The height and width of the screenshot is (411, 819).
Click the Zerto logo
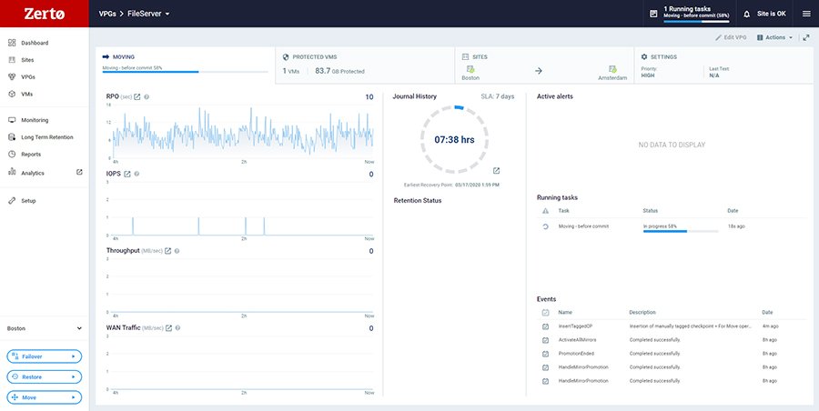point(44,14)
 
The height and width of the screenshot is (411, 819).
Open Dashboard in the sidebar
point(35,43)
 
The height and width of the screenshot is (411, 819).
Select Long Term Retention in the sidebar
point(47,137)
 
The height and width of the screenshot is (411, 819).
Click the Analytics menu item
point(33,173)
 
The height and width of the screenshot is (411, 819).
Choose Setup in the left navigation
point(29,200)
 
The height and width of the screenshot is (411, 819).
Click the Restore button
point(45,376)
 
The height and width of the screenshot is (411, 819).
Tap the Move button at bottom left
point(45,397)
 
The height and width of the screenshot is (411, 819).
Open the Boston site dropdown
point(45,328)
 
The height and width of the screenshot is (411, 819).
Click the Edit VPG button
point(730,37)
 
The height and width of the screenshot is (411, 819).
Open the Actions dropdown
point(774,37)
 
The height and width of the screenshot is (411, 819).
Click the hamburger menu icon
point(806,14)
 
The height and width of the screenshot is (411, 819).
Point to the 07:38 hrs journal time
point(454,140)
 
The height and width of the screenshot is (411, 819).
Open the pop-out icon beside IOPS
point(126,174)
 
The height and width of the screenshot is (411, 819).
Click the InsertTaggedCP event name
point(575,326)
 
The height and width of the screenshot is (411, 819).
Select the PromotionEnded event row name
point(576,353)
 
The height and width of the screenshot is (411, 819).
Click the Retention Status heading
point(418,200)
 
